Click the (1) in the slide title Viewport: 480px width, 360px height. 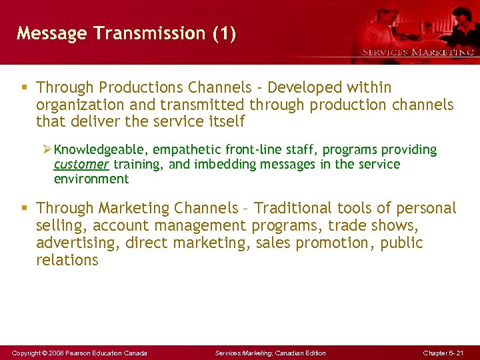[x=223, y=33]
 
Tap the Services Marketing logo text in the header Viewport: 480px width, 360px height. [x=418, y=52]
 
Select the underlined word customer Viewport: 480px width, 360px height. [x=81, y=164]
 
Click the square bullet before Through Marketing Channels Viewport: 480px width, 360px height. [x=24, y=209]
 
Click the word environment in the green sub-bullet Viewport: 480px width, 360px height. [x=91, y=179]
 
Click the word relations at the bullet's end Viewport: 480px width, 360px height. [x=67, y=261]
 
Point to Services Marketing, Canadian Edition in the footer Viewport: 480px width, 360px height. [x=270, y=353]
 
